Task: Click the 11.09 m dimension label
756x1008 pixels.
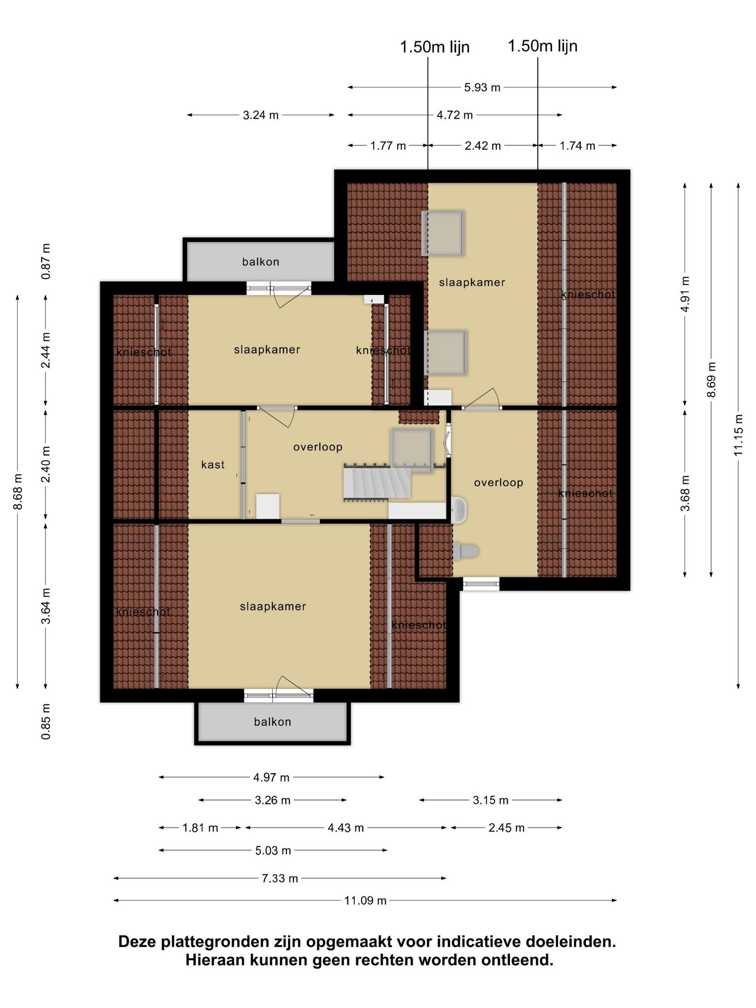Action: pyautogui.click(x=365, y=901)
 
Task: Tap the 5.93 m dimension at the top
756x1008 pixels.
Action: pyautogui.click(x=482, y=88)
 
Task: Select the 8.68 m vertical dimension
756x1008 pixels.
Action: pyautogui.click(x=18, y=492)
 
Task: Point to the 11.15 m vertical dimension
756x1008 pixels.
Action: pyautogui.click(x=738, y=435)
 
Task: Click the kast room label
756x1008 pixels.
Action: pyautogui.click(x=213, y=465)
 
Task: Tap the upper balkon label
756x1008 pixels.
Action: pyautogui.click(x=261, y=262)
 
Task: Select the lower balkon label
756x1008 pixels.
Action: pyautogui.click(x=273, y=722)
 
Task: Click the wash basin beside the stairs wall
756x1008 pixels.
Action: pyautogui.click(x=459, y=510)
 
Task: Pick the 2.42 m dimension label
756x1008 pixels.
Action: pyautogui.click(x=482, y=146)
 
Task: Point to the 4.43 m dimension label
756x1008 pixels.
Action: pyautogui.click(x=346, y=828)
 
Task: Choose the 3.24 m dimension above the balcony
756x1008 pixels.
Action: pyautogui.click(x=261, y=115)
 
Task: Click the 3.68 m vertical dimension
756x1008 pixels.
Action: pyautogui.click(x=685, y=493)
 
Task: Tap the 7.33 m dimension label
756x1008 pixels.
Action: pyautogui.click(x=280, y=878)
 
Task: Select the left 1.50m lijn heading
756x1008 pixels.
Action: pyautogui.click(x=435, y=47)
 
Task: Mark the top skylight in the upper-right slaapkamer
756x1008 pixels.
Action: pyautogui.click(x=443, y=233)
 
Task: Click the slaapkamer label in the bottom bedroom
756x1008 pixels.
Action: pyautogui.click(x=273, y=606)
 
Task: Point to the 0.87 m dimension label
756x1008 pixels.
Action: pyautogui.click(x=46, y=261)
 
